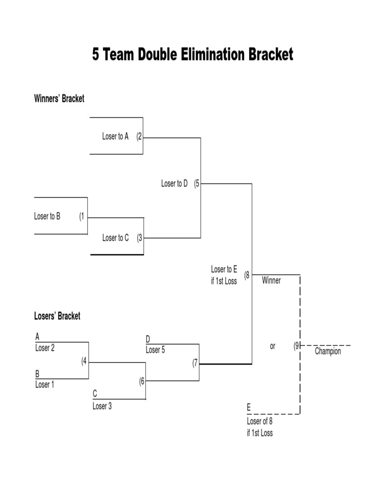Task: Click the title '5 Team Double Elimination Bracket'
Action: click(192, 54)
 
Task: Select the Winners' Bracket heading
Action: click(59, 99)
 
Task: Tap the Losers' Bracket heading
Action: click(57, 316)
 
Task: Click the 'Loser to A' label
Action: click(115, 137)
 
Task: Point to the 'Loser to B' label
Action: click(47, 216)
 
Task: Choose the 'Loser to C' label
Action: click(116, 238)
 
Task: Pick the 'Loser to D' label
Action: click(174, 184)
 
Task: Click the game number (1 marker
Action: click(82, 216)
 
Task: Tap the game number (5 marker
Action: click(196, 184)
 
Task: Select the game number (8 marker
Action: click(247, 275)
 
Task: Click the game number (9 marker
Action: click(296, 346)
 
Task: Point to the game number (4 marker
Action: click(84, 362)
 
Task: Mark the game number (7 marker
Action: click(194, 363)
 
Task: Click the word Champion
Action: click(328, 351)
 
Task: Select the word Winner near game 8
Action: click(271, 281)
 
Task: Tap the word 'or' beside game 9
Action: click(273, 346)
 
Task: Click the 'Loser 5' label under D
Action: click(155, 350)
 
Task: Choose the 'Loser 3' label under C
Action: click(102, 406)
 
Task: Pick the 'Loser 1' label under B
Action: click(45, 385)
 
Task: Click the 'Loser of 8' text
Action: click(259, 421)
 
